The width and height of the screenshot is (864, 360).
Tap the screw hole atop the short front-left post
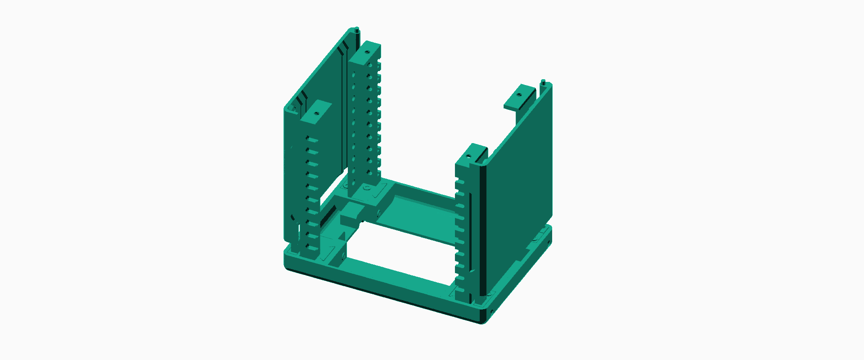pyautogui.click(x=316, y=113)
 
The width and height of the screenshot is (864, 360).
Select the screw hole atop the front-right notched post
pyautogui.click(x=468, y=157)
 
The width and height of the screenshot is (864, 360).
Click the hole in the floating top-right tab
pyautogui.click(x=518, y=95)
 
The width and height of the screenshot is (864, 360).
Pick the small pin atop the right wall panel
pyautogui.click(x=543, y=82)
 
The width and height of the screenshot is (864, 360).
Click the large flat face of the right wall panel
pyautogui.click(x=517, y=180)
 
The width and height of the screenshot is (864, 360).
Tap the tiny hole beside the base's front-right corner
pyautogui.click(x=492, y=311)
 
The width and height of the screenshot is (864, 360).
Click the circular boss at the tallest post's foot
pyautogui.click(x=367, y=188)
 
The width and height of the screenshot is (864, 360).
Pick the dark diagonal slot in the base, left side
pyautogui.click(x=328, y=216)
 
